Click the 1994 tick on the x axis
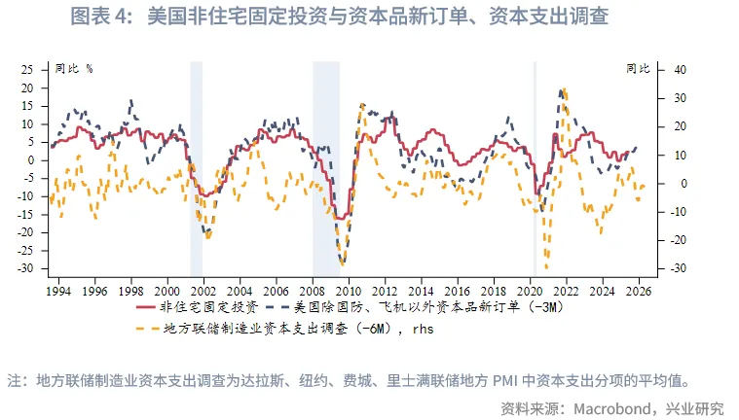[x=57, y=291]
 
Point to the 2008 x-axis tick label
[x=312, y=291]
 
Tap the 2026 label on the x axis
[x=640, y=291]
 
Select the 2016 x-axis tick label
[x=458, y=291]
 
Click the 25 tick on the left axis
[x=27, y=70]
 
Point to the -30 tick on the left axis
[x=25, y=268]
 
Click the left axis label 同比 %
[x=74, y=69]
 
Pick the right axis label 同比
[x=637, y=69]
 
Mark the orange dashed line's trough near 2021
[x=546, y=267]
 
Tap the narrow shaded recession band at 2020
[x=535, y=165]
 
